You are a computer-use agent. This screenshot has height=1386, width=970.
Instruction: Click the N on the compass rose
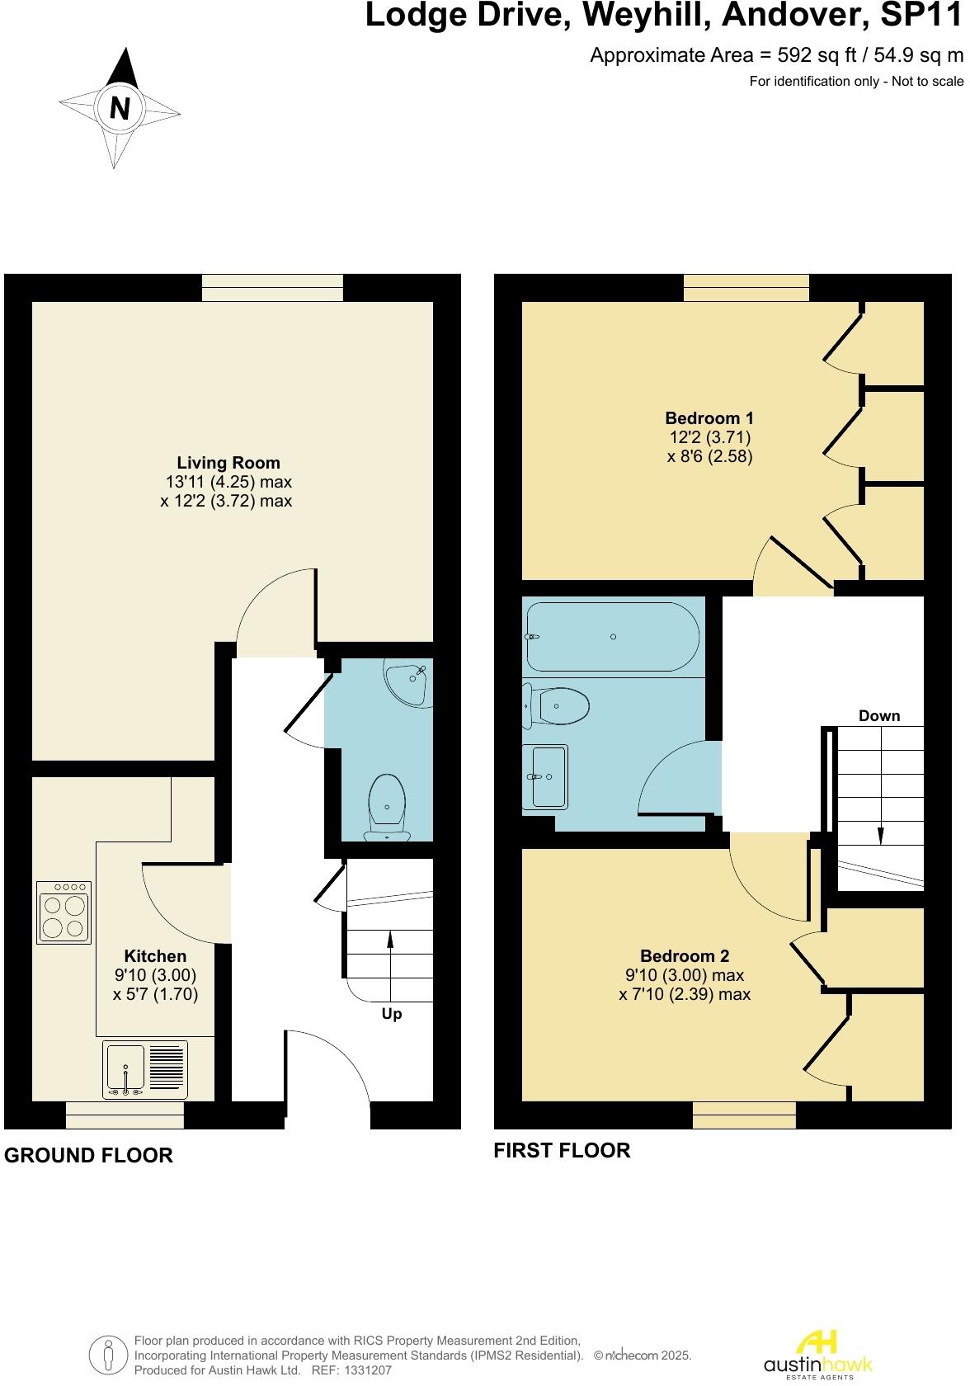(x=120, y=108)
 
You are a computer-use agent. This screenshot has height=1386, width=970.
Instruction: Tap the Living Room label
(x=228, y=463)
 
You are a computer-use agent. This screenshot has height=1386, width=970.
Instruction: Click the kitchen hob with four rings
(x=64, y=912)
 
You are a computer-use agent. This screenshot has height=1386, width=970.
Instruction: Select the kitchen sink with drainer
(x=145, y=1070)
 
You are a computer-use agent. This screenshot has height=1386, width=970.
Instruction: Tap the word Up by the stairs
(x=392, y=1014)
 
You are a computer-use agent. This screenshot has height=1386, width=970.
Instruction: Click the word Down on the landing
(x=879, y=715)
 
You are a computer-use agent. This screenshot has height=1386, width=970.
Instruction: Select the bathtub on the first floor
(x=613, y=636)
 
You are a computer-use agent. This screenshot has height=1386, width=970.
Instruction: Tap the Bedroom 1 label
(x=709, y=417)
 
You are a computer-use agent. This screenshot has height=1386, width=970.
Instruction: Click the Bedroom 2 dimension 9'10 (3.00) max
(x=685, y=975)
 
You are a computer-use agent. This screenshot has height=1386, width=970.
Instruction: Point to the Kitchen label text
(x=155, y=956)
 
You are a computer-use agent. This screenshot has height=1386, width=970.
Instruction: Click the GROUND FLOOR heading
(x=89, y=1155)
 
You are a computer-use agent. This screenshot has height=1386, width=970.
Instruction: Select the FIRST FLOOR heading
(x=562, y=1150)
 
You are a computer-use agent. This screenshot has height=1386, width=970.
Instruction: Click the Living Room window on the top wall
(x=272, y=288)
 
